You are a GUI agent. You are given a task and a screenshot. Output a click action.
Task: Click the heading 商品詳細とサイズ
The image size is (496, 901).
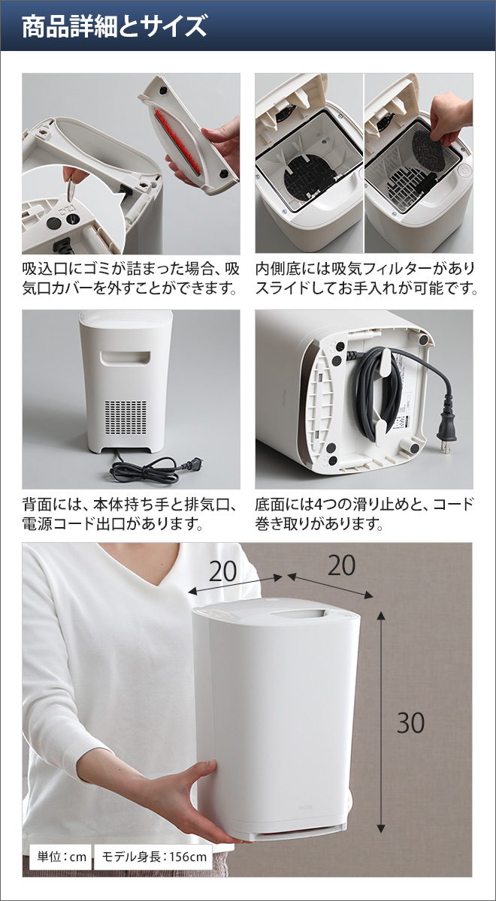[113, 27]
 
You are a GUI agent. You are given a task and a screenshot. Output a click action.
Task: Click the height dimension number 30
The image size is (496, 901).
[410, 722]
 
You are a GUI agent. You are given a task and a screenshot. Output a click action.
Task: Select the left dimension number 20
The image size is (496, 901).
[222, 572]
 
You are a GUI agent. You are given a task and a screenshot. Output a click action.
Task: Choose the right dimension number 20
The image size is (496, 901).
[341, 565]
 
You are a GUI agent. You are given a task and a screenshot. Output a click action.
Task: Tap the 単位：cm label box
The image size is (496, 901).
[60, 856]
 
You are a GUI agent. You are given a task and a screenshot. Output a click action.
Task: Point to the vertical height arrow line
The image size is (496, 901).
[382, 721]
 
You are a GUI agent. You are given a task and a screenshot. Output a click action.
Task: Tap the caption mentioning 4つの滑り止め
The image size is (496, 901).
[365, 514]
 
